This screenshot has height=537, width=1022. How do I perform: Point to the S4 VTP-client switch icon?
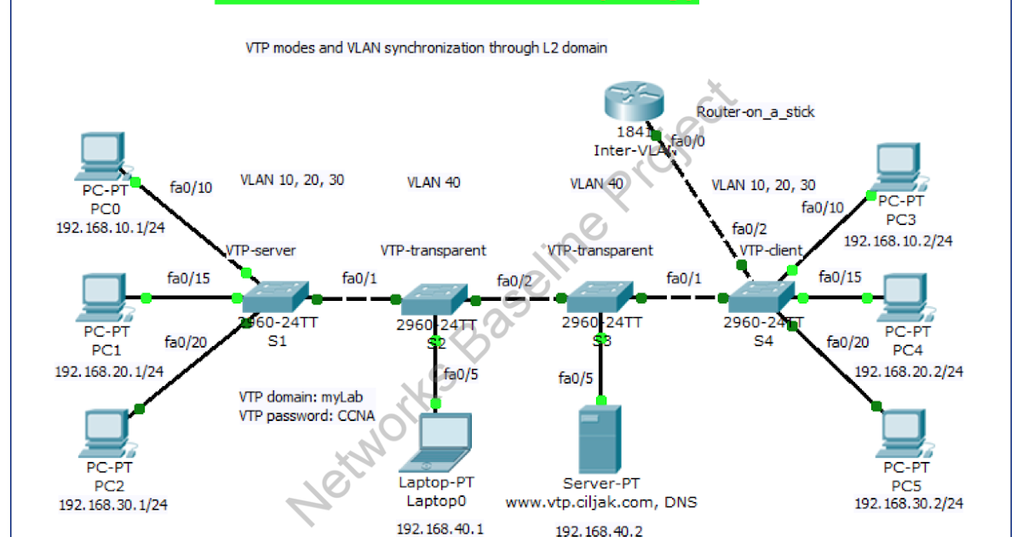point(761,297)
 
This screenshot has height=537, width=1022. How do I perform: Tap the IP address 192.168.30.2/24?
point(909,503)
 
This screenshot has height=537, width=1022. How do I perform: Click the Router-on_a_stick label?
point(755,112)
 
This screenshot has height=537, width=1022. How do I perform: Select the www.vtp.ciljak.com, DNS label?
point(601,502)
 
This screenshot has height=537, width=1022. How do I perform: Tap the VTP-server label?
point(261,251)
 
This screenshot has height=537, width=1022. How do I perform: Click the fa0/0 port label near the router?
point(687,141)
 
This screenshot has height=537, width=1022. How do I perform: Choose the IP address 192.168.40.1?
point(440,528)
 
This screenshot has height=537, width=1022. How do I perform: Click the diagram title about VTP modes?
point(426,49)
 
